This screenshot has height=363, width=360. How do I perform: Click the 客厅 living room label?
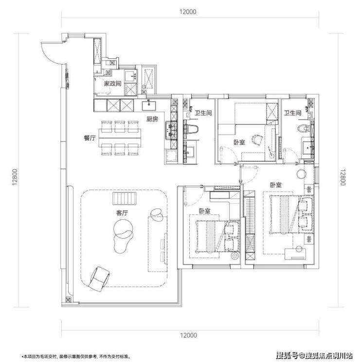click(122, 213)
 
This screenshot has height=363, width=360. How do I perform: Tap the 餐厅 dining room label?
click(90, 138)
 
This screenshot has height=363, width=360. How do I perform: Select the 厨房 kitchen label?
click(152, 119)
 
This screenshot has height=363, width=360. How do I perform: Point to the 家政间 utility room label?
click(112, 84)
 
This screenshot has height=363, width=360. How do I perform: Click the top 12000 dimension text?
click(188, 12)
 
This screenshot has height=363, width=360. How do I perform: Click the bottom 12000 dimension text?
click(188, 335)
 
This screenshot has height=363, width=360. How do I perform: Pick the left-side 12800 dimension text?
click(15, 177)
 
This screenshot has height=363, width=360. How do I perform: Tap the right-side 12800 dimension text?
click(343, 177)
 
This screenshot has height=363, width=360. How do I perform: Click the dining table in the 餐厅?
click(120, 138)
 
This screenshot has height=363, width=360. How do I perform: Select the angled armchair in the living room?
click(99, 279)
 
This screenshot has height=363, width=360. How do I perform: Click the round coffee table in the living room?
click(123, 229)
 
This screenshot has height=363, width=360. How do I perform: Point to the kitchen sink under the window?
click(149, 106)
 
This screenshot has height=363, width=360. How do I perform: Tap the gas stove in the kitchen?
click(171, 130)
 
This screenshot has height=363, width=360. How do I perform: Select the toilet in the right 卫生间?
click(303, 128)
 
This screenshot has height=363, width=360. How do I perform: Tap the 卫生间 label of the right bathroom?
click(293, 113)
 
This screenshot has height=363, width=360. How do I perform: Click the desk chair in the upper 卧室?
click(257, 140)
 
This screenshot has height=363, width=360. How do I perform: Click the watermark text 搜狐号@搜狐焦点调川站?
click(315, 355)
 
